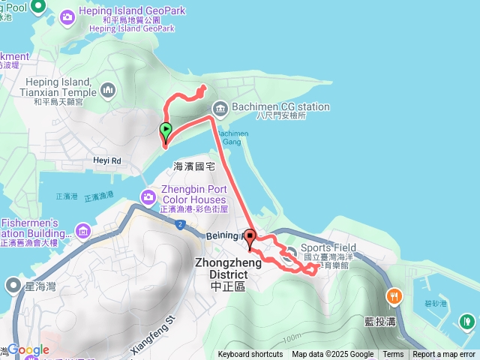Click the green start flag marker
tap(164, 130)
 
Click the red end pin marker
tap(250, 238)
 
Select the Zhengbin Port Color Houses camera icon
tap(148, 196)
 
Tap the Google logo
tap(28, 349)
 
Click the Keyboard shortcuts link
tap(250, 355)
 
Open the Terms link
tap(393, 355)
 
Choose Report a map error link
tap(444, 355)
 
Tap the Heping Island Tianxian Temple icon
tap(109, 91)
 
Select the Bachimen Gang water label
tap(229, 136)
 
